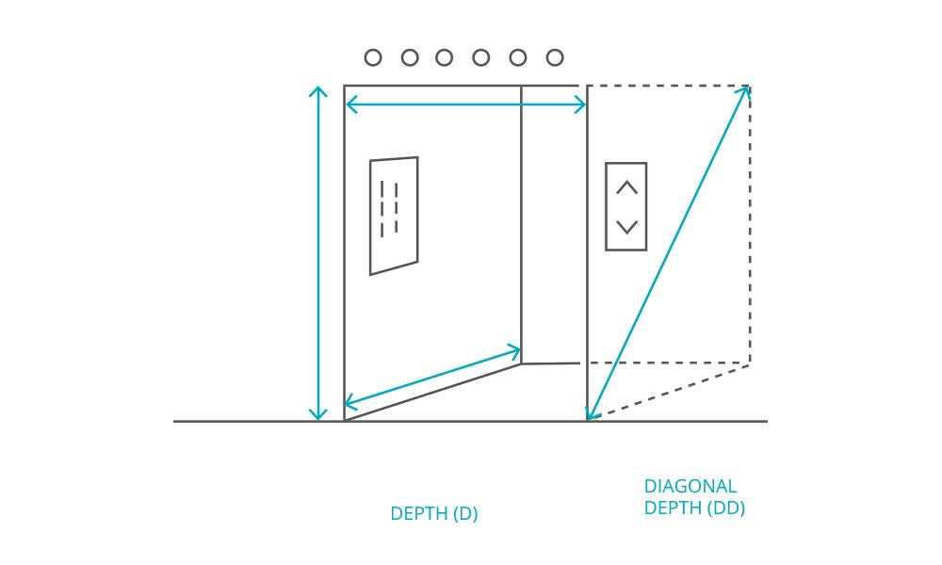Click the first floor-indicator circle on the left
(373, 57)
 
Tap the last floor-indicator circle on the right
(555, 57)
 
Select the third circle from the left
(445, 57)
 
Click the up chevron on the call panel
(626, 187)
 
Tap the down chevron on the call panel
(626, 227)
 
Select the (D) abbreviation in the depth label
(465, 514)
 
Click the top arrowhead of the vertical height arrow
(318, 90)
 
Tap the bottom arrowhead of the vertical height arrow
(318, 416)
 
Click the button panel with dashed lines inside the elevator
(394, 216)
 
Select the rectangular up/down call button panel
(626, 206)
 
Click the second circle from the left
(410, 57)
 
